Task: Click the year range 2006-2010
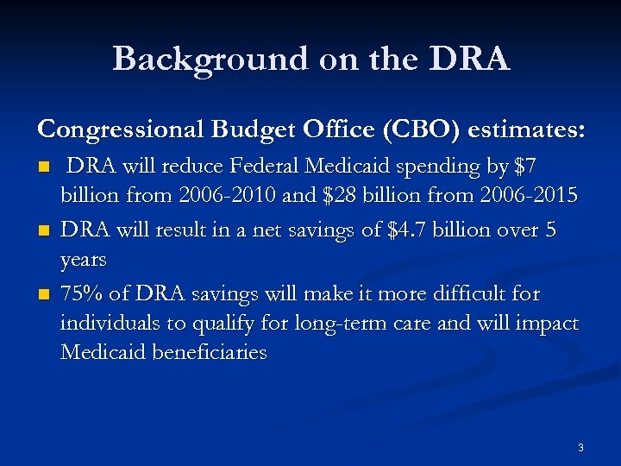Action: (x=228, y=195)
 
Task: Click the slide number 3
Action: (x=580, y=447)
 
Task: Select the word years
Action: (x=84, y=259)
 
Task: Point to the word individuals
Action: (x=106, y=324)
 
